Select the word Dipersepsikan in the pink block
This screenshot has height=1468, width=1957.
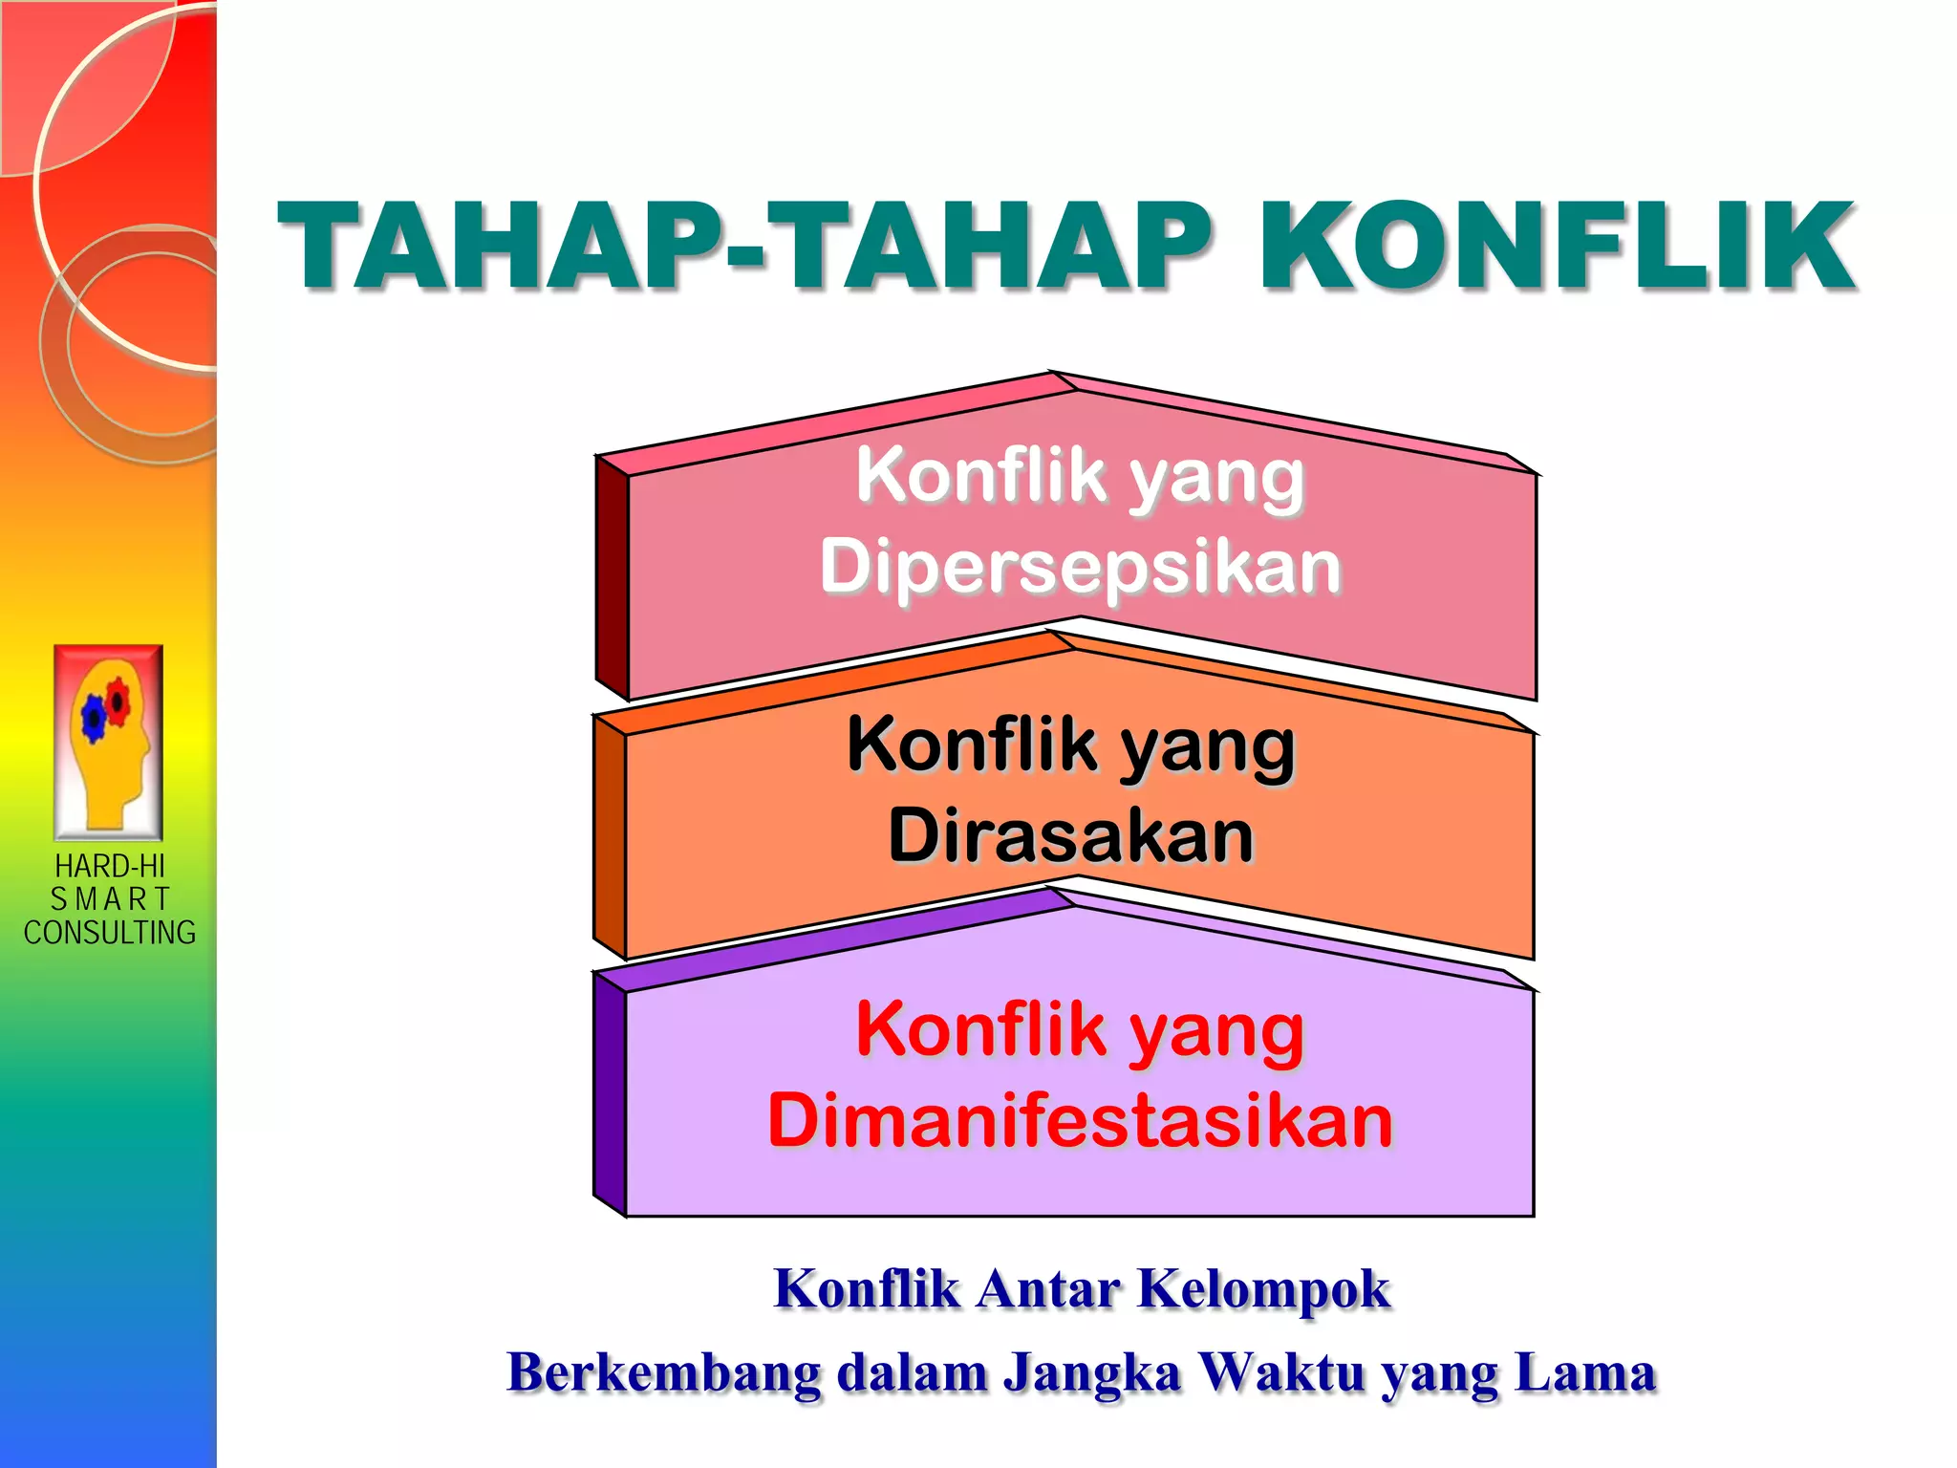point(1081,566)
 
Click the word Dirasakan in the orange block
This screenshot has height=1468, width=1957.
point(1071,835)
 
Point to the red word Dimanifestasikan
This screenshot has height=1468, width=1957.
point(1081,1120)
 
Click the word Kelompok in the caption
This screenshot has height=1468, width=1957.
point(1263,1288)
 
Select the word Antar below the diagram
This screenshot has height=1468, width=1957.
point(1047,1288)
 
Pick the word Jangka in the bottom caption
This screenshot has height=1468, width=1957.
point(1091,1374)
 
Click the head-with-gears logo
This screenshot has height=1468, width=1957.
point(109,742)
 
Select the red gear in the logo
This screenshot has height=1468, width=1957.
point(118,701)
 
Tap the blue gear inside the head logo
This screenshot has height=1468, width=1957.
point(94,717)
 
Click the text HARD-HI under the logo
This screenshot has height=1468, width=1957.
point(109,866)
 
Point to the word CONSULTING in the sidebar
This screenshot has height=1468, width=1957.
point(109,932)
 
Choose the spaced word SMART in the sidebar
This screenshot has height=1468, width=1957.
point(109,899)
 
